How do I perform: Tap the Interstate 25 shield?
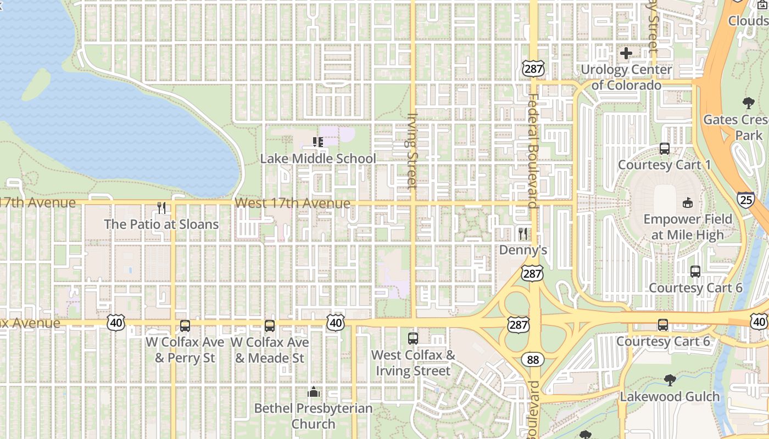(x=745, y=200)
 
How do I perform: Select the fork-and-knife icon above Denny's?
(x=523, y=234)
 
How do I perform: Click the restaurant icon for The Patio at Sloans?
(x=161, y=208)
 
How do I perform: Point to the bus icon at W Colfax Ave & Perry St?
(x=185, y=326)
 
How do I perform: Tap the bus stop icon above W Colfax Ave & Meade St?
(x=270, y=326)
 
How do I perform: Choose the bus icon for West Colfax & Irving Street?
(x=413, y=339)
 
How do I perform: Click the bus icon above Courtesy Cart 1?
(x=665, y=149)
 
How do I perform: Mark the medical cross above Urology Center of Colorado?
(x=626, y=53)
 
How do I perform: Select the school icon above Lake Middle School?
(x=318, y=142)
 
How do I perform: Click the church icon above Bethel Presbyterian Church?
(x=314, y=392)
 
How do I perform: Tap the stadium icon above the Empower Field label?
(x=687, y=203)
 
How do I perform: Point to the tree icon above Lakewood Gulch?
(x=670, y=380)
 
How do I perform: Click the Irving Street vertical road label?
(x=413, y=150)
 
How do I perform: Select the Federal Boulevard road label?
(x=532, y=151)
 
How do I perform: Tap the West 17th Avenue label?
(x=292, y=204)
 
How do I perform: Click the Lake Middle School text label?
(x=318, y=159)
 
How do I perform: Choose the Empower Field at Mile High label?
(x=688, y=227)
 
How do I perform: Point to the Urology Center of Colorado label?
(x=626, y=77)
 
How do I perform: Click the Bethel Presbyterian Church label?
(x=313, y=416)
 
